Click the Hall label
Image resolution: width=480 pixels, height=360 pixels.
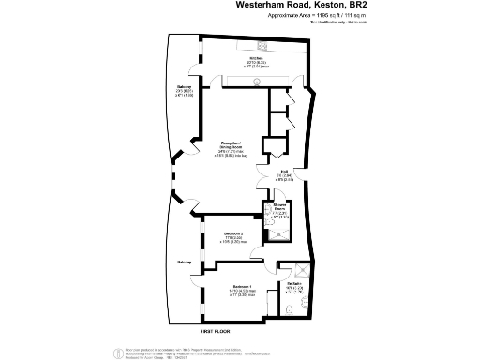pyautogui.click(x=284, y=172)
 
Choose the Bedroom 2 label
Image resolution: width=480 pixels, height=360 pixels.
pyautogui.click(x=233, y=233)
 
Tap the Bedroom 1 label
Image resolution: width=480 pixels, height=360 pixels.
pyautogui.click(x=243, y=286)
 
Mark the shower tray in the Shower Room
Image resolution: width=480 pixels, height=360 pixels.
pyautogui.click(x=279, y=234)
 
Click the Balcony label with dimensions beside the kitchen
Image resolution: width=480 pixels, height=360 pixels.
pyautogui.click(x=185, y=91)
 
